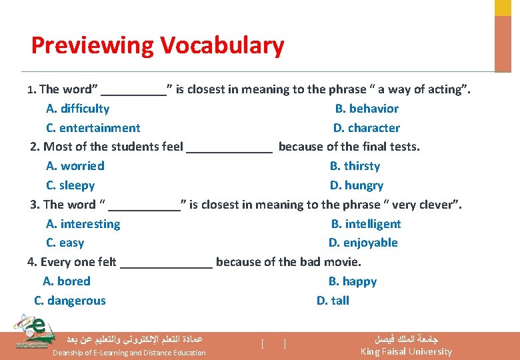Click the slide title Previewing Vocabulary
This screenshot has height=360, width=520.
157,45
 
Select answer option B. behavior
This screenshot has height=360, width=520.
366,109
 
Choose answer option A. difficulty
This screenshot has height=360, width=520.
77,109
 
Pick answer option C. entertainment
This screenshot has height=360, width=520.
93,128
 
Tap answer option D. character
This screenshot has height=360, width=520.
366,128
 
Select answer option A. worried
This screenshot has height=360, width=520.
75,166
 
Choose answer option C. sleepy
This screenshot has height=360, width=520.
70,185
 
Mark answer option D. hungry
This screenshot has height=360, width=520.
356,185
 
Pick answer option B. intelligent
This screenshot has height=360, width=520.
366,224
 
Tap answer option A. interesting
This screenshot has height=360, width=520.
83,224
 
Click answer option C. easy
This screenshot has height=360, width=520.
65,243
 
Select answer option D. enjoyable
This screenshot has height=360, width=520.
363,243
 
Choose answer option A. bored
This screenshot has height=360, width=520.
66,281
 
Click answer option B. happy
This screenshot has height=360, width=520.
352,281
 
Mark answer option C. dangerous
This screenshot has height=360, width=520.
70,301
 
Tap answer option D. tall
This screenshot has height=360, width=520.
333,301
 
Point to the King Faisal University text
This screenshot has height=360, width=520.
406,351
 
